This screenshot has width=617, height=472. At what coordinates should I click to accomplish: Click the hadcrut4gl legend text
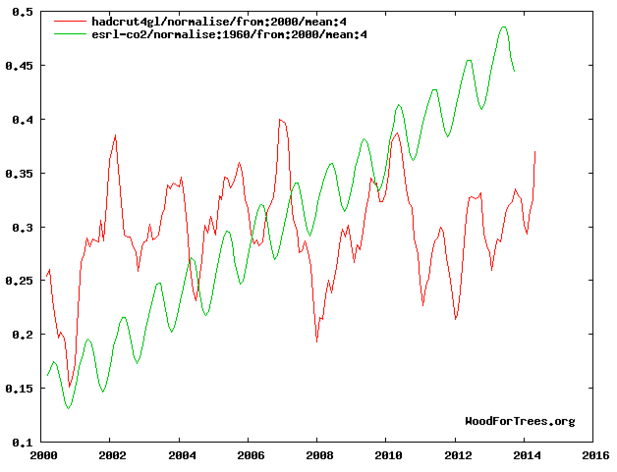[219, 22]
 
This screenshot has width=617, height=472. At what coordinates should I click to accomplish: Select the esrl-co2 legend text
[229, 34]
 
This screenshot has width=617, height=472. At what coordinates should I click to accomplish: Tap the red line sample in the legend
[70, 21]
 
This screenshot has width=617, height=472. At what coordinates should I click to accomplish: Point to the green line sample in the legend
[70, 34]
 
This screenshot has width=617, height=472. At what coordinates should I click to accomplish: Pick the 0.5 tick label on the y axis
[19, 12]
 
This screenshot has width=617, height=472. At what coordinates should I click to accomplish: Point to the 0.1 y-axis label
[19, 443]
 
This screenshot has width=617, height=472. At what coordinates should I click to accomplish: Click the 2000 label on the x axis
[43, 456]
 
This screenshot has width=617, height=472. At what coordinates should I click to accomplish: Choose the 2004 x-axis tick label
[182, 456]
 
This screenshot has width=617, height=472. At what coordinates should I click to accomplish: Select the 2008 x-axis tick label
[320, 456]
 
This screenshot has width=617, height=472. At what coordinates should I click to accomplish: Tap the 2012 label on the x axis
[458, 456]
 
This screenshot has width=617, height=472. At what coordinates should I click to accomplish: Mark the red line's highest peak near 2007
[280, 119]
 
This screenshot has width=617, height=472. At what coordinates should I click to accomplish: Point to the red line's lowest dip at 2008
[317, 342]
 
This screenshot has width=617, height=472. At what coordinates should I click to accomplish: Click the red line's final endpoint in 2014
[535, 152]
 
